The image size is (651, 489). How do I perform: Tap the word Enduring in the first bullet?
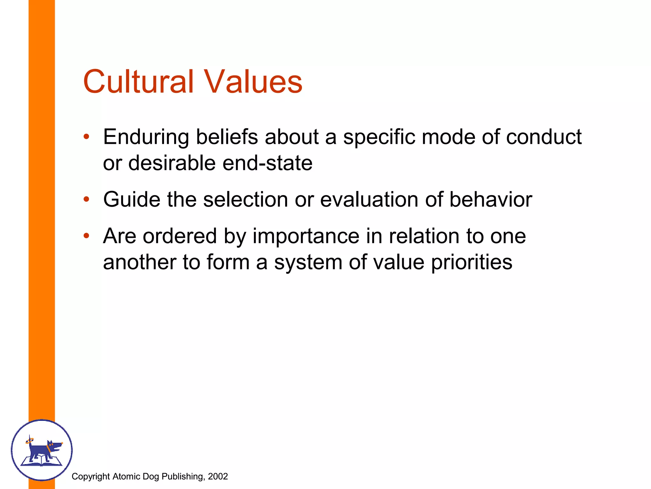click(146, 137)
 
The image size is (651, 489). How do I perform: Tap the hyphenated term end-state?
click(267, 163)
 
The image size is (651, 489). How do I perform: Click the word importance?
click(306, 236)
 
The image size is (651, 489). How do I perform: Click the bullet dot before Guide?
click(86, 200)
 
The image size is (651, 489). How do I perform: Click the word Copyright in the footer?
click(91, 476)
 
